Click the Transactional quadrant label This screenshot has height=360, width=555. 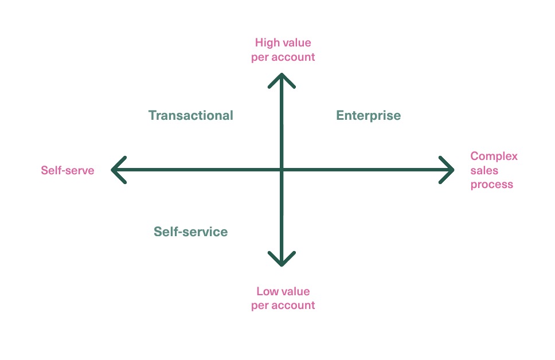[x=190, y=115]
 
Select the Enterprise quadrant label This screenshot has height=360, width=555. [x=368, y=116]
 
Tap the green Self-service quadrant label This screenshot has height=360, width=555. [x=190, y=232]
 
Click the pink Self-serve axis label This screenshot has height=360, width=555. [x=67, y=170]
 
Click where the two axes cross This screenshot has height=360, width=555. [x=282, y=170]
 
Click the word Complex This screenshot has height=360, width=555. [x=494, y=156]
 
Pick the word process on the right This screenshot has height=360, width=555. [x=491, y=185]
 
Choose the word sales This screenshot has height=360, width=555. [x=484, y=170]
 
